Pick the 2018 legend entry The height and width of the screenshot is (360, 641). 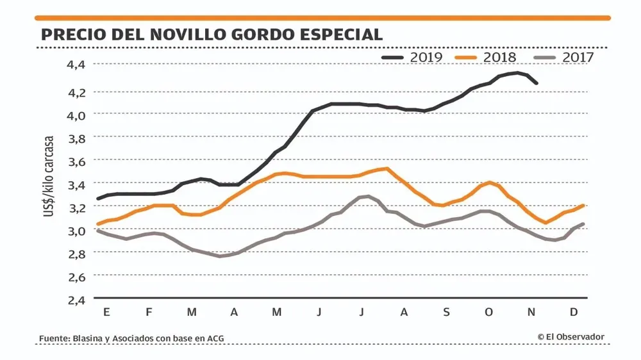(x=486, y=57)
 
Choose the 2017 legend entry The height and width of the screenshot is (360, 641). (x=564, y=57)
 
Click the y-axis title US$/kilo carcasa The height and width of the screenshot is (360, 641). (x=49, y=176)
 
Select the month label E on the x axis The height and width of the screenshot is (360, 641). (x=106, y=312)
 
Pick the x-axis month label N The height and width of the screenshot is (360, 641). (x=531, y=312)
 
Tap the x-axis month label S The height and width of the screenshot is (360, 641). (x=446, y=312)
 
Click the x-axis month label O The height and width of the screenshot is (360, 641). (x=489, y=312)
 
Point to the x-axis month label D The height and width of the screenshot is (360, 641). (x=574, y=312)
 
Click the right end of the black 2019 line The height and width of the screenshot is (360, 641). (x=537, y=83)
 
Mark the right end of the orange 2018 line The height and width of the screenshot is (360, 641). (x=583, y=206)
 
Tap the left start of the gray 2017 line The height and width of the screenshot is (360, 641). (x=98, y=231)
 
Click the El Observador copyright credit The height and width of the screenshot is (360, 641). (x=570, y=337)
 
